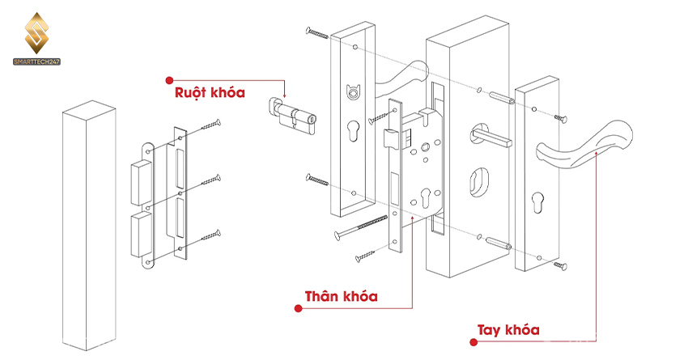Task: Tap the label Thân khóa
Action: pyautogui.click(x=340, y=296)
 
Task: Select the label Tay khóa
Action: pyautogui.click(x=508, y=330)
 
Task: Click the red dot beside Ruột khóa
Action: pyautogui.click(x=169, y=80)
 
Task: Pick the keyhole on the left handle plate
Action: pyautogui.click(x=354, y=133)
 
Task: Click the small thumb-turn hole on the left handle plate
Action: pyautogui.click(x=351, y=92)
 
